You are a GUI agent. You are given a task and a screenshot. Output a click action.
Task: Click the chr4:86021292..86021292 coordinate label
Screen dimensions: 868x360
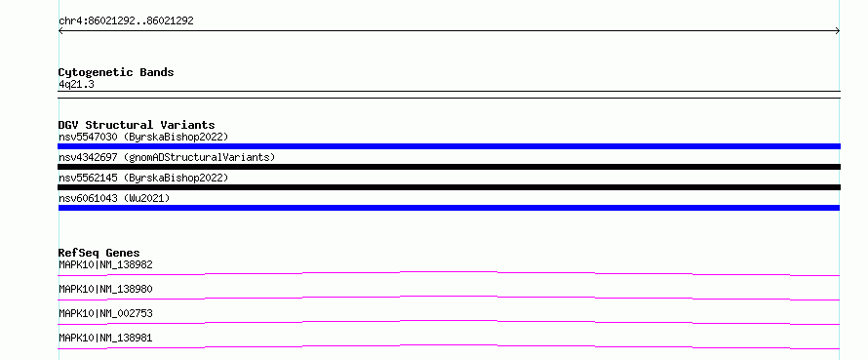click(126, 21)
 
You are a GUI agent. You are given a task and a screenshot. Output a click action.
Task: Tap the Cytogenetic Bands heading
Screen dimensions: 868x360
click(116, 72)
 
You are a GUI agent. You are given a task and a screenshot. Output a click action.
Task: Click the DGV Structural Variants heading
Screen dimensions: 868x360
click(137, 125)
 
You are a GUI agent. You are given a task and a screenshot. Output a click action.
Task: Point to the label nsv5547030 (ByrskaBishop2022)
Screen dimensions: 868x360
click(143, 137)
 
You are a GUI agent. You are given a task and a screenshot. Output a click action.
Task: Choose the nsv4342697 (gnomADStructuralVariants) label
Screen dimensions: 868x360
click(167, 157)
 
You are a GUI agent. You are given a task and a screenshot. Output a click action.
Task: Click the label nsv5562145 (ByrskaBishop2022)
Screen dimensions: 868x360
click(143, 178)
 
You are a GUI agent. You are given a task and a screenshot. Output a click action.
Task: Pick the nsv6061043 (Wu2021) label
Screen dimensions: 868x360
click(114, 198)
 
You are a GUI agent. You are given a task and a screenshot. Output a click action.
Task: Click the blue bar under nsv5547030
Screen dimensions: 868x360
click(449, 146)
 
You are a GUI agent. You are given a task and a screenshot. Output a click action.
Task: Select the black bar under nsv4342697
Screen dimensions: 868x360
click(449, 167)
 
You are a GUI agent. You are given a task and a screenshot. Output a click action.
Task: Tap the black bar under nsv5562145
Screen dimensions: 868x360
click(449, 187)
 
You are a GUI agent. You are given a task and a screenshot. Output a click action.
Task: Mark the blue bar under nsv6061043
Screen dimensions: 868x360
click(449, 208)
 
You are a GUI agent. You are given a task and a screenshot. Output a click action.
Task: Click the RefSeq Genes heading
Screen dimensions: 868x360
click(99, 253)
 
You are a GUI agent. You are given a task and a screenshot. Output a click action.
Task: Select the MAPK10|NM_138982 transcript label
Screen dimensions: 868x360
click(105, 264)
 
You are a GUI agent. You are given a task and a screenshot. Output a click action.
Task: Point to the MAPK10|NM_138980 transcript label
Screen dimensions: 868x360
click(105, 289)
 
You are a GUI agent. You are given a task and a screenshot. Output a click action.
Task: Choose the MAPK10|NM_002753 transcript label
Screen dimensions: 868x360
click(105, 313)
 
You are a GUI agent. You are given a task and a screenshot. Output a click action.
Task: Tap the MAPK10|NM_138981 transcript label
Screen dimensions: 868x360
click(105, 338)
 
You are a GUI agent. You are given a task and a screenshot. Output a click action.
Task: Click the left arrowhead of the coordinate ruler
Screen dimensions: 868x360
click(59, 31)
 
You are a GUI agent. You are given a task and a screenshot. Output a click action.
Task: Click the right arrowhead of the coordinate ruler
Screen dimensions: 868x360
click(839, 31)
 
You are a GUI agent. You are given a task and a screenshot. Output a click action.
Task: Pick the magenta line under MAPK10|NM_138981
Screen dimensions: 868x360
click(449, 345)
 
